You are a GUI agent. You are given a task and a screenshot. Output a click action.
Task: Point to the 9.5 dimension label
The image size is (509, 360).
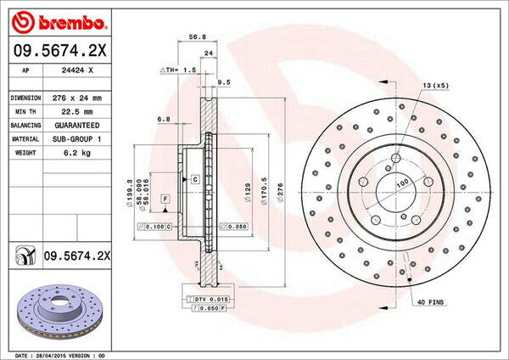225,82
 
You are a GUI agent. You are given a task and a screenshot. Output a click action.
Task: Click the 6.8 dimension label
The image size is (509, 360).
165,120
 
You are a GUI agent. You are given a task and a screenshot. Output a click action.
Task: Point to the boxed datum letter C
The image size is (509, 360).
194,180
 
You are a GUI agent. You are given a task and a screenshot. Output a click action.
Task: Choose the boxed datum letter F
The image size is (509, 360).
165,197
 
